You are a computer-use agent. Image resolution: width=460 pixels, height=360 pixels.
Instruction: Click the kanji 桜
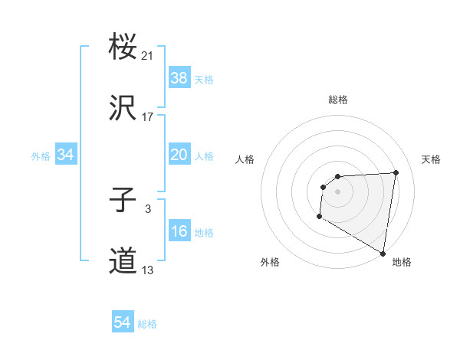pyautogui.click(x=123, y=48)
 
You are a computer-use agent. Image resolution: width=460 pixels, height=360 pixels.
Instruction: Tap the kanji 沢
pyautogui.click(x=123, y=109)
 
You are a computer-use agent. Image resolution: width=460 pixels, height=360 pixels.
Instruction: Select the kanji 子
pyautogui.click(x=123, y=201)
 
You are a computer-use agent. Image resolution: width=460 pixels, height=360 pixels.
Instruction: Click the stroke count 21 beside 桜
pyautogui.click(x=148, y=56)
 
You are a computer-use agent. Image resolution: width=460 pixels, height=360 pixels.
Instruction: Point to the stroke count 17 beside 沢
pyautogui.click(x=148, y=117)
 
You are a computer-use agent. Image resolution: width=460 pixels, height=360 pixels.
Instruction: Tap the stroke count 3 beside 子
pyautogui.click(x=148, y=209)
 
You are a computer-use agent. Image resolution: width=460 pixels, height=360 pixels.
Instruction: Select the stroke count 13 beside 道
pyautogui.click(x=148, y=270)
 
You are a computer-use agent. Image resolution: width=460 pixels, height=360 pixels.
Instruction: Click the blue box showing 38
pyautogui.click(x=179, y=77)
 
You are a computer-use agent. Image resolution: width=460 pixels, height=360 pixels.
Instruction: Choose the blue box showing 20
pyautogui.click(x=179, y=155)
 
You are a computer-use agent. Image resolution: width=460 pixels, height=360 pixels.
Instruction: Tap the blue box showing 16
pyautogui.click(x=179, y=231)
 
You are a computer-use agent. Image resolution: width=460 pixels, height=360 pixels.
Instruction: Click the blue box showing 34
pyautogui.click(x=66, y=155)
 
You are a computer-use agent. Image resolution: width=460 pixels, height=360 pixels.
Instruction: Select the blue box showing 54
pyautogui.click(x=123, y=323)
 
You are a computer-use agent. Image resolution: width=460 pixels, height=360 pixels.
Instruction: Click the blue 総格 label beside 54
pyautogui.click(x=147, y=324)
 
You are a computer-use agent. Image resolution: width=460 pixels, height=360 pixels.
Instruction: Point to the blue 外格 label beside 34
pyautogui.click(x=41, y=155)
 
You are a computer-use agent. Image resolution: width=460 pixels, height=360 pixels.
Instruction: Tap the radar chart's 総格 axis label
pyautogui.click(x=338, y=100)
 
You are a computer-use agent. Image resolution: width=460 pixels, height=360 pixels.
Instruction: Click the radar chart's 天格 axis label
pyautogui.click(x=431, y=159)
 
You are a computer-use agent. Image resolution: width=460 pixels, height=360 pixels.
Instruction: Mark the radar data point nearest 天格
pyautogui.click(x=396, y=172)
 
